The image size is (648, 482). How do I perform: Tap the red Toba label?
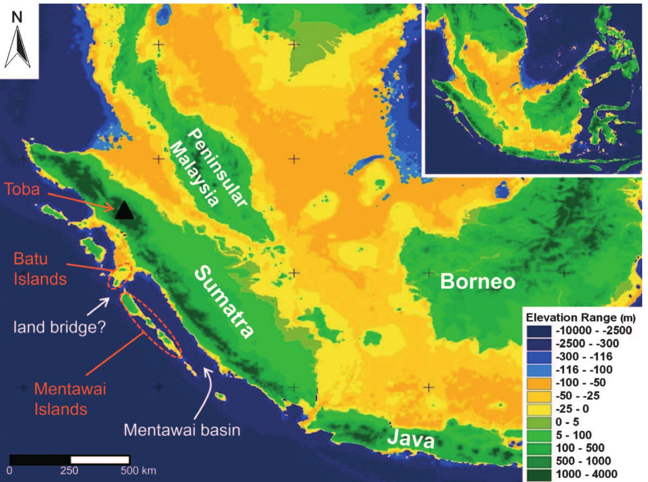click(22, 189)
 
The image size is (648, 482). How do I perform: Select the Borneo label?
click(477, 282)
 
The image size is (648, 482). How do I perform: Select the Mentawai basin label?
click(182, 430)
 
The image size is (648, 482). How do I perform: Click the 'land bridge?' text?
click(60, 328)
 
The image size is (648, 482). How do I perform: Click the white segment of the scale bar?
click(100, 460)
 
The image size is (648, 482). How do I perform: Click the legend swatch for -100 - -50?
click(539, 383)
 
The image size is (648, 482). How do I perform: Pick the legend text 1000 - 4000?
click(587, 474)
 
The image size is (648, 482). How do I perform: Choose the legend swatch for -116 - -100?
click(539, 370)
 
